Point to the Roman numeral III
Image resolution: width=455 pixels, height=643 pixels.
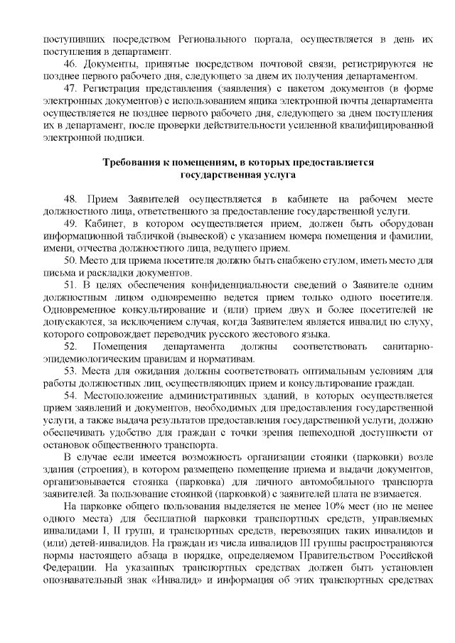[272, 544]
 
